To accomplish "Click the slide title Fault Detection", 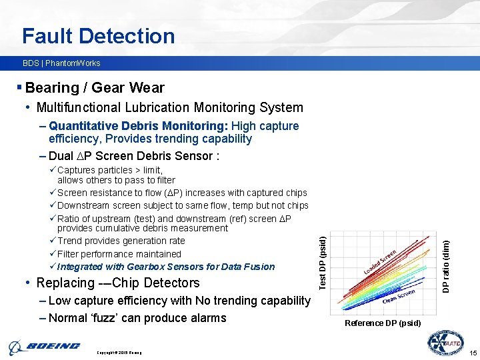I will coord(98,35).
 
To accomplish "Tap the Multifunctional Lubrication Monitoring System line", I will coord(169,107).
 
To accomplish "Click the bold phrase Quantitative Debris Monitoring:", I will coord(138,126).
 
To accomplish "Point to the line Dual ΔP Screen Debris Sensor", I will coord(133,156).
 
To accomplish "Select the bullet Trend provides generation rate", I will coord(121,241).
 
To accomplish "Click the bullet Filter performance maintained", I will coord(119,254).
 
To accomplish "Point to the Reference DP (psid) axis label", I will coord(383,323).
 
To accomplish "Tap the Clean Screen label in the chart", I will coord(400,295).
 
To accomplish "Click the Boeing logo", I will coord(44,347).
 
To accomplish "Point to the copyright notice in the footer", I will coord(119,352).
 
